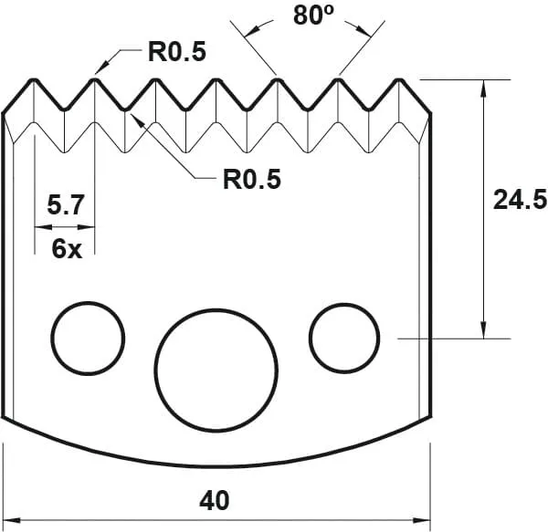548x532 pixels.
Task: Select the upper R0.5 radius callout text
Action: (x=177, y=52)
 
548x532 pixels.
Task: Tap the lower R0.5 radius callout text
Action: (x=251, y=178)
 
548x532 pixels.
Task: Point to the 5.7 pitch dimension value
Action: (x=66, y=206)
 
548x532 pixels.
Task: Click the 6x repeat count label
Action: (x=66, y=248)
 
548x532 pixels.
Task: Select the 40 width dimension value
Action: (x=216, y=500)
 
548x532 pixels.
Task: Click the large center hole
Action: (x=216, y=367)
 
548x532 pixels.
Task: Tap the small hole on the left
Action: (x=88, y=338)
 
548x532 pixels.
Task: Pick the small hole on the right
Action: (x=344, y=338)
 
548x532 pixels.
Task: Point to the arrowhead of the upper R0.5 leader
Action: (x=99, y=70)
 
